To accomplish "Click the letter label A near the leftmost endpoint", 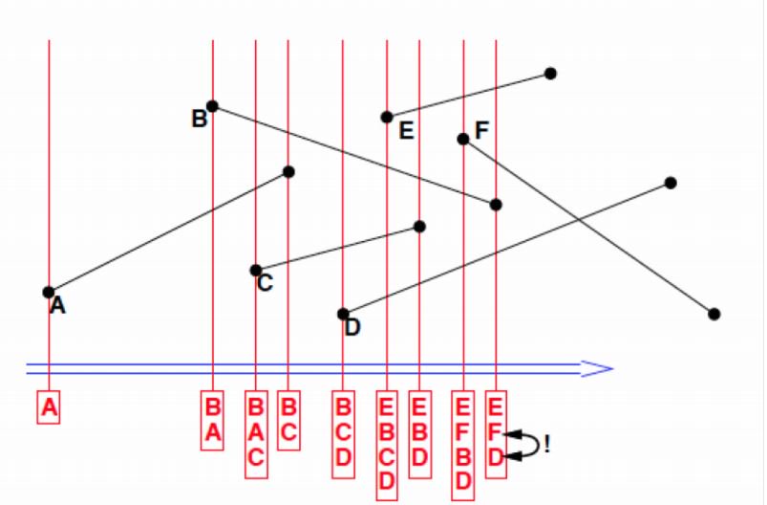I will (57, 307).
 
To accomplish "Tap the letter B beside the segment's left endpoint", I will (199, 119).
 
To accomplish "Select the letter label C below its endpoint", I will (265, 283).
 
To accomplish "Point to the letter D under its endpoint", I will (352, 327).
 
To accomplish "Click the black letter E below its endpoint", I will (406, 132).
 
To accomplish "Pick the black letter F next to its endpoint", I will (480, 130).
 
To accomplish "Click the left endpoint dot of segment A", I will (49, 292).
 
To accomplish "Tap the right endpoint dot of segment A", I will (288, 172).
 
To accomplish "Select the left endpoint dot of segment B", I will (212, 106).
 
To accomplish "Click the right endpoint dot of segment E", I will (550, 74).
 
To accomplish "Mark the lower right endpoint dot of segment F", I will (714, 314).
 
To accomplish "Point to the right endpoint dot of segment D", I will (671, 183).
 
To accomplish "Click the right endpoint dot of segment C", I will (419, 227).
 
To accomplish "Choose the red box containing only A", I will (50, 408).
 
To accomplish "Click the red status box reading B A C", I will (256, 430).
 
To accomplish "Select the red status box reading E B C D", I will (387, 443).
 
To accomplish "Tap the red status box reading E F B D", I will (463, 443).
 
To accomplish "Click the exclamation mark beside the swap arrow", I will (546, 443).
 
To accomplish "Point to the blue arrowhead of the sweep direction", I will (596, 369).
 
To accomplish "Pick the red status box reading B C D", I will (343, 430).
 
